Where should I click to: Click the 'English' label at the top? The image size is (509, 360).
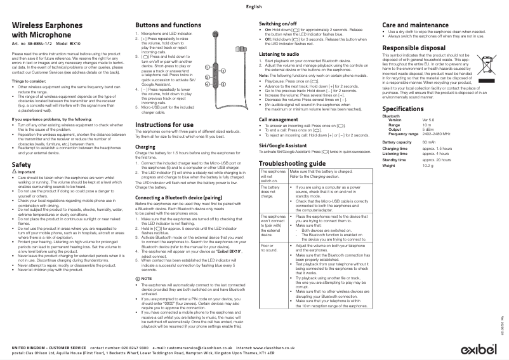(x=253, y=6)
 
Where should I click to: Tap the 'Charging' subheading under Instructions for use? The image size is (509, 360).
(x=145, y=147)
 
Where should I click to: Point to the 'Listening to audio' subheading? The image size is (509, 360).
(x=281, y=54)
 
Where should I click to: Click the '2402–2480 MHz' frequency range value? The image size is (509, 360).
(x=437, y=134)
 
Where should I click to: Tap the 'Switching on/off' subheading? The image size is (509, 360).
(x=280, y=23)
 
